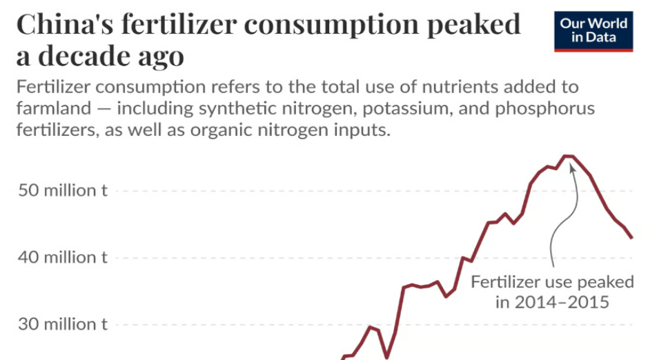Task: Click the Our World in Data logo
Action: (x=593, y=31)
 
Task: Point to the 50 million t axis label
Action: (x=63, y=190)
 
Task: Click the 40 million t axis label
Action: (x=63, y=257)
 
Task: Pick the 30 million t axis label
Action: (x=63, y=323)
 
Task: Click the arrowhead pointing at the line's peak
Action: (x=571, y=168)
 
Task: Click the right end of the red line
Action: (x=631, y=238)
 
